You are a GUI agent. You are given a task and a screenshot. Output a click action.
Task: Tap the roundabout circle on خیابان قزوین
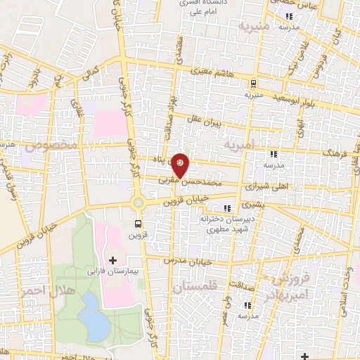138,203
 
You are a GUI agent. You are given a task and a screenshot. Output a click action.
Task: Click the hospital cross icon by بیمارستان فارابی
112,261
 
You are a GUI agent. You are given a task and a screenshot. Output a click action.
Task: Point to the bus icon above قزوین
138,224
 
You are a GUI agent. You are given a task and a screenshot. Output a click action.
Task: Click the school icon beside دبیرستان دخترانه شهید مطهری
226,208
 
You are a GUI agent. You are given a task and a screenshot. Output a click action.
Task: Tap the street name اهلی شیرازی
264,188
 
